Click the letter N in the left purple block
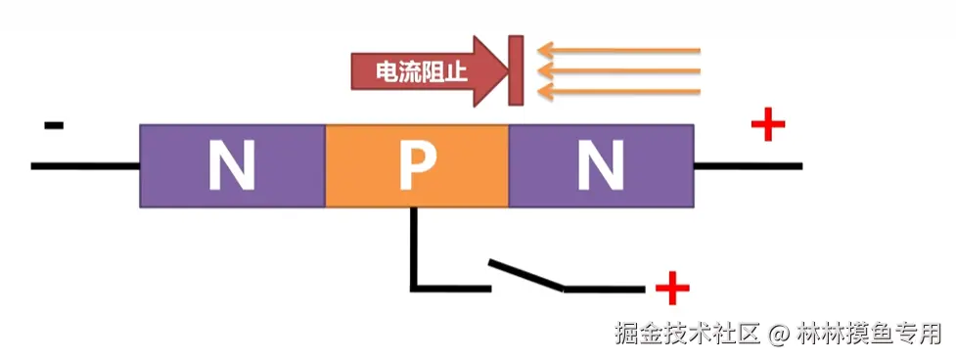point(231,165)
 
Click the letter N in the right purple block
point(600,165)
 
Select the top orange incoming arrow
point(621,50)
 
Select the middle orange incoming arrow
point(621,70)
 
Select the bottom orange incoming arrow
point(621,91)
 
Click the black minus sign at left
point(54,125)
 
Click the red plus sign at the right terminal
point(768,124)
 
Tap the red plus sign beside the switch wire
point(672,289)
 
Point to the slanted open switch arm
point(526,274)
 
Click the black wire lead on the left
point(85,166)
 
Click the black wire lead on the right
point(749,166)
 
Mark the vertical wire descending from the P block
point(414,245)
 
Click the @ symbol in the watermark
point(778,334)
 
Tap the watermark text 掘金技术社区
point(687,334)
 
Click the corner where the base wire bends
point(414,288)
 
